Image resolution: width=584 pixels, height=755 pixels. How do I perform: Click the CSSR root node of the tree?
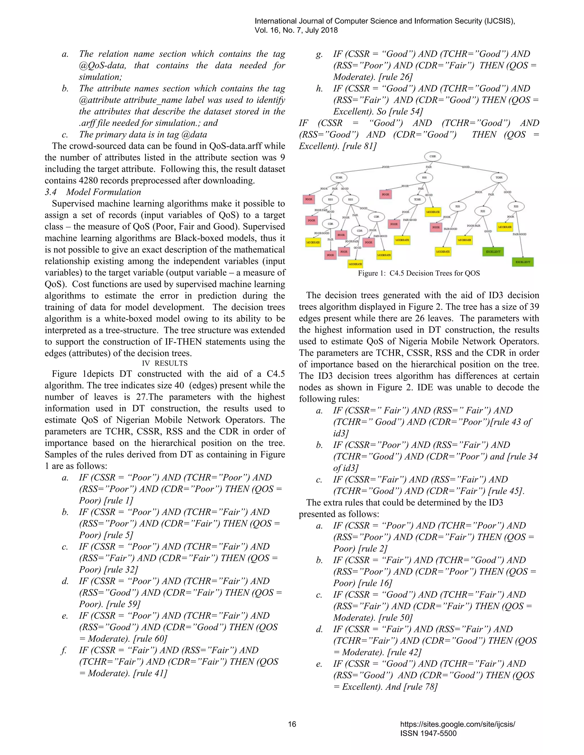coord(433,156)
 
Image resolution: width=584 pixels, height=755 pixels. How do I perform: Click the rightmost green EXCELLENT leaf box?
coord(523,262)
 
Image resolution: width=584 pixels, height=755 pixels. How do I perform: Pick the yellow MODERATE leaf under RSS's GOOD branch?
coord(433,212)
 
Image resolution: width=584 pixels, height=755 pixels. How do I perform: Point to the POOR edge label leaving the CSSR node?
coord(386,167)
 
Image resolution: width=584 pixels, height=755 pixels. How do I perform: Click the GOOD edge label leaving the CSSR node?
coord(466,167)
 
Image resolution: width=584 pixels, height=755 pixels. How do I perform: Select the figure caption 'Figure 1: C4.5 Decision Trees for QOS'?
coord(419,274)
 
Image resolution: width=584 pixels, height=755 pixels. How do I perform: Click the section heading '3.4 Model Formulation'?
coord(93,192)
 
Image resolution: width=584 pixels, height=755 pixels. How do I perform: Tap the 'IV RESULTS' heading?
coord(165,363)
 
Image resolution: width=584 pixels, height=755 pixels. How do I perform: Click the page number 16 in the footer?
coord(292,724)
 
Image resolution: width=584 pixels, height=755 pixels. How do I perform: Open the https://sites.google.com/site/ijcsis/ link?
coord(457,724)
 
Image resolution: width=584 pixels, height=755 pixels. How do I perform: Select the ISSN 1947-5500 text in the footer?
coord(428,734)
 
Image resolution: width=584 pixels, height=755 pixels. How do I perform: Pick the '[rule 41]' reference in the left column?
coord(150,674)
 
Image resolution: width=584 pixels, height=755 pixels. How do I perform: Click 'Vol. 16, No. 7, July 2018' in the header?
coord(296,30)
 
